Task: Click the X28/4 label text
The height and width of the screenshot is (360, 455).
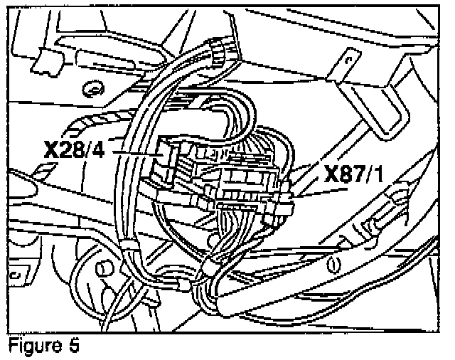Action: pyautogui.click(x=77, y=151)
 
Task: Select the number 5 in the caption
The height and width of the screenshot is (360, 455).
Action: pyautogui.click(x=74, y=348)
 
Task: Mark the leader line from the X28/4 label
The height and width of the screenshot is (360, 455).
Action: pyautogui.click(x=135, y=152)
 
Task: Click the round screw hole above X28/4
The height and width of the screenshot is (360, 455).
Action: pyautogui.click(x=90, y=88)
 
